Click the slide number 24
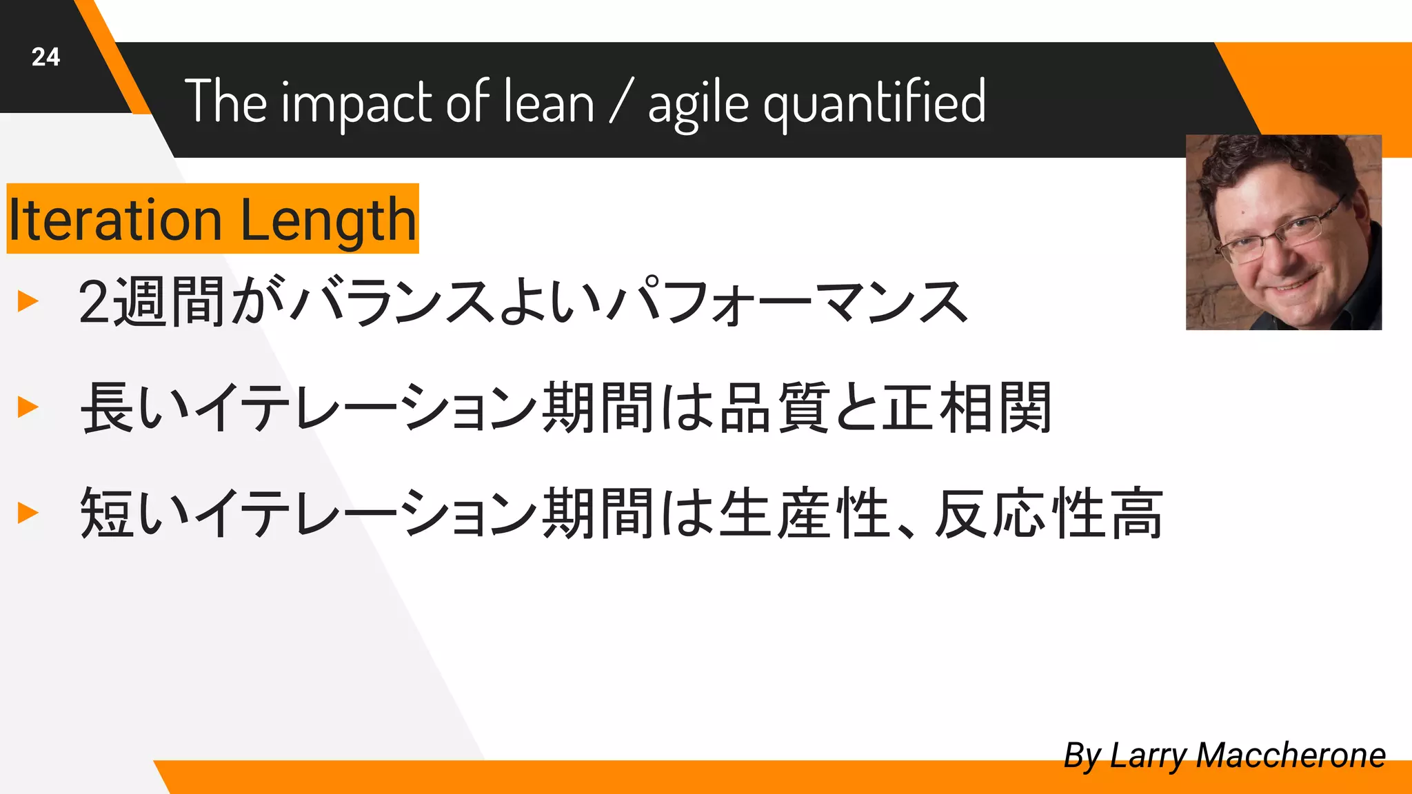[x=46, y=57]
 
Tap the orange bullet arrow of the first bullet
[x=28, y=301]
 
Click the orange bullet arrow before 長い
[x=28, y=407]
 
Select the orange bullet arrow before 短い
[x=28, y=513]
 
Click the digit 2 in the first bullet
[x=94, y=302]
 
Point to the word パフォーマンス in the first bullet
[x=786, y=302]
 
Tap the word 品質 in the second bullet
[x=774, y=408]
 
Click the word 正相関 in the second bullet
[x=967, y=408]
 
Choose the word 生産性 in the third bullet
[x=804, y=513]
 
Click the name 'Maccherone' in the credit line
[x=1290, y=755]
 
